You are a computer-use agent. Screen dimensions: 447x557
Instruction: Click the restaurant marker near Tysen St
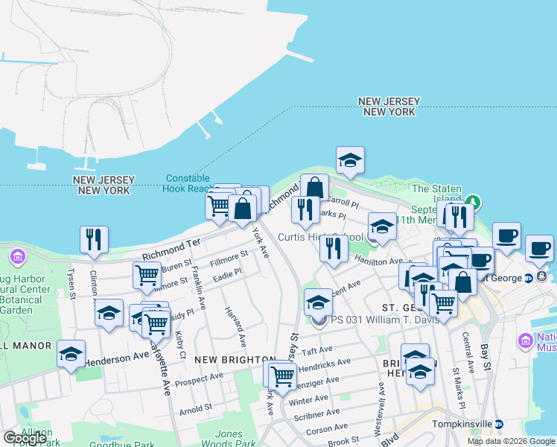tap(94, 240)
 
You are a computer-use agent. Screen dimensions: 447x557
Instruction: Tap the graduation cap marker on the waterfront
tap(350, 160)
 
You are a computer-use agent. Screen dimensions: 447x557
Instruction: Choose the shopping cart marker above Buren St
tap(147, 276)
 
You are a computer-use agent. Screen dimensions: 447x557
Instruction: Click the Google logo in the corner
tap(24, 438)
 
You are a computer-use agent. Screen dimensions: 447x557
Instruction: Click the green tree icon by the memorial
tap(472, 203)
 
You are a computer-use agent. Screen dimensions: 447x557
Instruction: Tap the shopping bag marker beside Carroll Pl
tap(316, 188)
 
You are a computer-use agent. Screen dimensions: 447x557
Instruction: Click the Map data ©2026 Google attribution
tap(510, 441)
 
